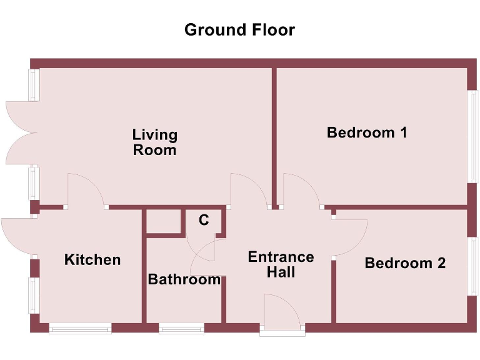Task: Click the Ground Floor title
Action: (x=239, y=29)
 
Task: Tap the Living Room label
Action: (x=154, y=142)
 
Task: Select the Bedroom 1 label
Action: (x=367, y=132)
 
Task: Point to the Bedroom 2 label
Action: (x=405, y=263)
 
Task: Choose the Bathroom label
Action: (x=184, y=279)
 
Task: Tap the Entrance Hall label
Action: (x=281, y=264)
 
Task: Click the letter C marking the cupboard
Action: (x=204, y=220)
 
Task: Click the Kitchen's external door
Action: (x=17, y=235)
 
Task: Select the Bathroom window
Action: (x=181, y=328)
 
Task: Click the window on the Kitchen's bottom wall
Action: (x=81, y=328)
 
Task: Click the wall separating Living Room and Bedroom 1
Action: (x=274, y=134)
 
